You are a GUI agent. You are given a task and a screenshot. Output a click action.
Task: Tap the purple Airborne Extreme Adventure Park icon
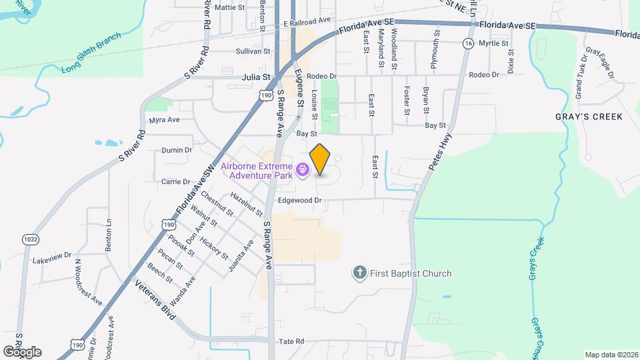pos(303,171)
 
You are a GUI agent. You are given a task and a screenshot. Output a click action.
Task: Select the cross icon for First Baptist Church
pos(359,273)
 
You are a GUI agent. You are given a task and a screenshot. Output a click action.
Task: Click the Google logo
pos(22,351)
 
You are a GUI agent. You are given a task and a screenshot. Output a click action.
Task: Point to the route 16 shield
pos(469,43)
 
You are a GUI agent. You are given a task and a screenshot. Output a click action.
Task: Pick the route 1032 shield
pos(30,239)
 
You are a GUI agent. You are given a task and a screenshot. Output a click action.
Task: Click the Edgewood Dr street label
pos(299,200)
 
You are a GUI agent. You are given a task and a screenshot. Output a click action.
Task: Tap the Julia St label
pos(256,77)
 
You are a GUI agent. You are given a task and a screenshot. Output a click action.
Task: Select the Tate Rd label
pos(291,341)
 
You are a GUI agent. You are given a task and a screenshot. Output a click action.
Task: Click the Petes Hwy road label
pos(440,151)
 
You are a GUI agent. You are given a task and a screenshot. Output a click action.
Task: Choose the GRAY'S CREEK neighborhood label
pos(589,117)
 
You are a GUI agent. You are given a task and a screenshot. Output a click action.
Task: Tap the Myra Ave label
pos(165,120)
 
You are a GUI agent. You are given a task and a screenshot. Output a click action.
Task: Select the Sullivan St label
pos(253,51)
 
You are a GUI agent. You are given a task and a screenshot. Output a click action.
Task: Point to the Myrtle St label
pos(493,43)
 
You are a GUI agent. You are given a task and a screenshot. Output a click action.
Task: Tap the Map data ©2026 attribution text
pos(611,355)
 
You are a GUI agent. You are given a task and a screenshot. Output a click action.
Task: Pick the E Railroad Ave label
pos(307,23)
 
